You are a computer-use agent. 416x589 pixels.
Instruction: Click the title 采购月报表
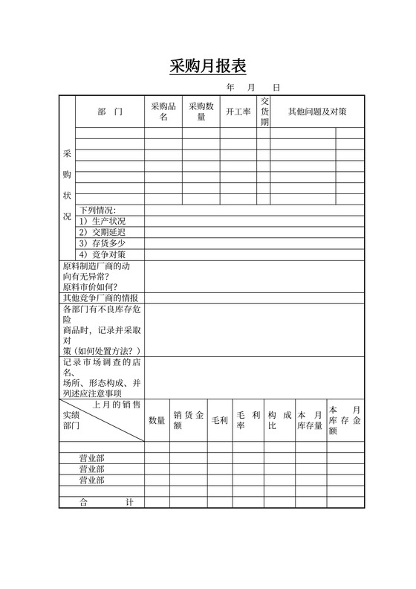(208, 66)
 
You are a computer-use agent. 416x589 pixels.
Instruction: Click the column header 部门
(109, 112)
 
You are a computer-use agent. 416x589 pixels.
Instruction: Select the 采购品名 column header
(163, 112)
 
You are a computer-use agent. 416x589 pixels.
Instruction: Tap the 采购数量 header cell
(201, 112)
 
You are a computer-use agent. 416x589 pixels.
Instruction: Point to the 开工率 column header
(238, 112)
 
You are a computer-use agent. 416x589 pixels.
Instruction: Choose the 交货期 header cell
(264, 112)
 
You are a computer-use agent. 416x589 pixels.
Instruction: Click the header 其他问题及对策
(317, 112)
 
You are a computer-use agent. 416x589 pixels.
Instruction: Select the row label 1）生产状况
(103, 221)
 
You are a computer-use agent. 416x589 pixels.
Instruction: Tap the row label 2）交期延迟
(103, 232)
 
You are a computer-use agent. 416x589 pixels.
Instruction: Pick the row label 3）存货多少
(103, 243)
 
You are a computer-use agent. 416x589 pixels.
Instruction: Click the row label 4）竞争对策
(103, 254)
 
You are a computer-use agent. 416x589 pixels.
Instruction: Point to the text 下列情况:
(98, 210)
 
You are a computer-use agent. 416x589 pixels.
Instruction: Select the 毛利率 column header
(247, 420)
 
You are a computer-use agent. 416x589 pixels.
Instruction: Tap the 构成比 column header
(279, 420)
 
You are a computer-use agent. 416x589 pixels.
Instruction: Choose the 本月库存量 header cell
(310, 420)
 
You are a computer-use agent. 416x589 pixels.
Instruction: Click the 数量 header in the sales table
(157, 420)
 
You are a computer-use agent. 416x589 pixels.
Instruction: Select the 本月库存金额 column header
(345, 420)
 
